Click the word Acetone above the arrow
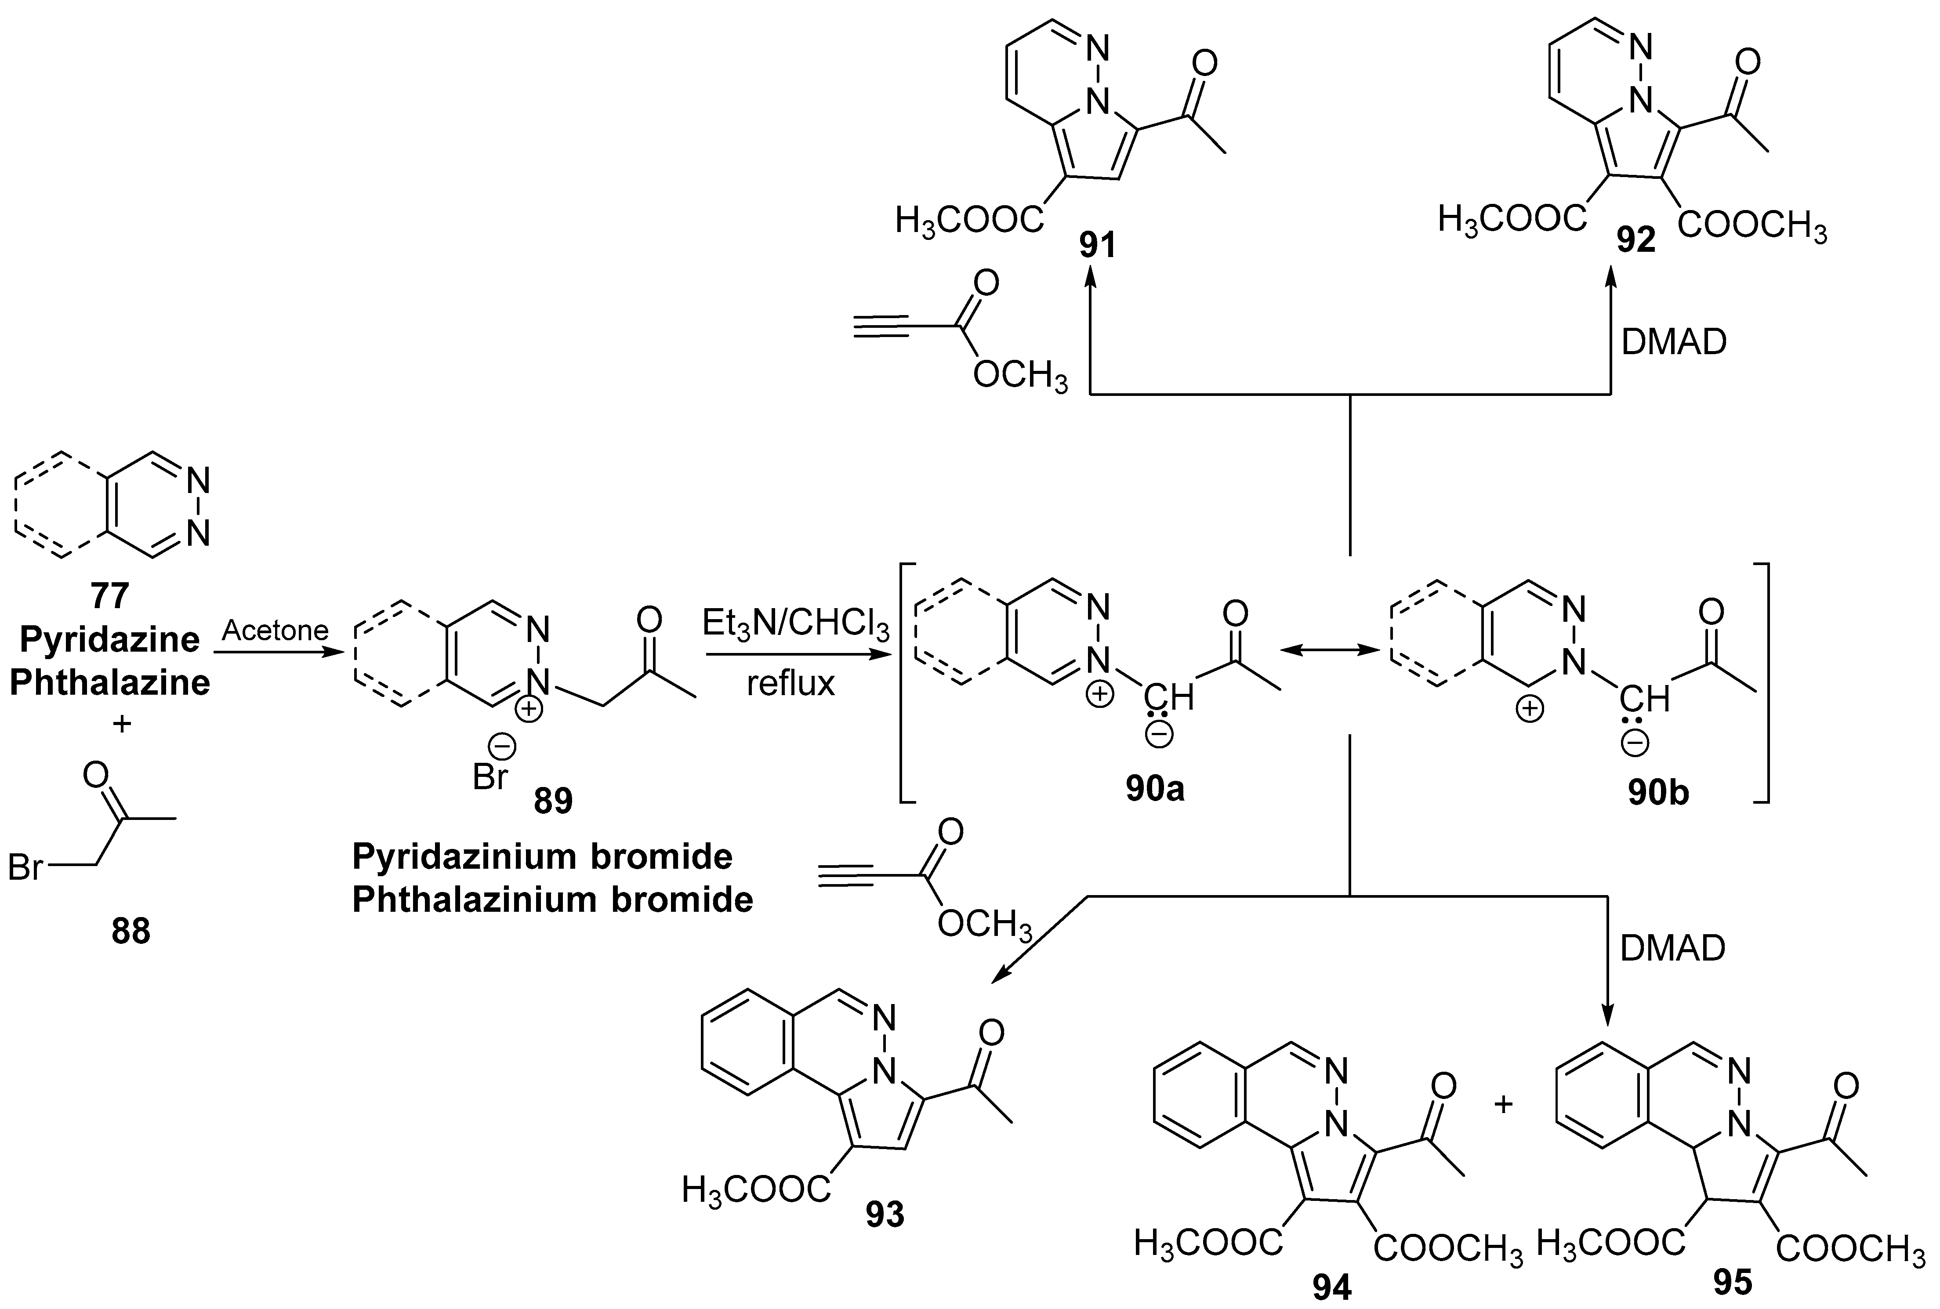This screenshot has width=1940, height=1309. click(x=276, y=630)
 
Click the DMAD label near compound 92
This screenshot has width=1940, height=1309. click(x=1674, y=342)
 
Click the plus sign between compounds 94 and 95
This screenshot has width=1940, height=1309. click(x=1503, y=1105)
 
